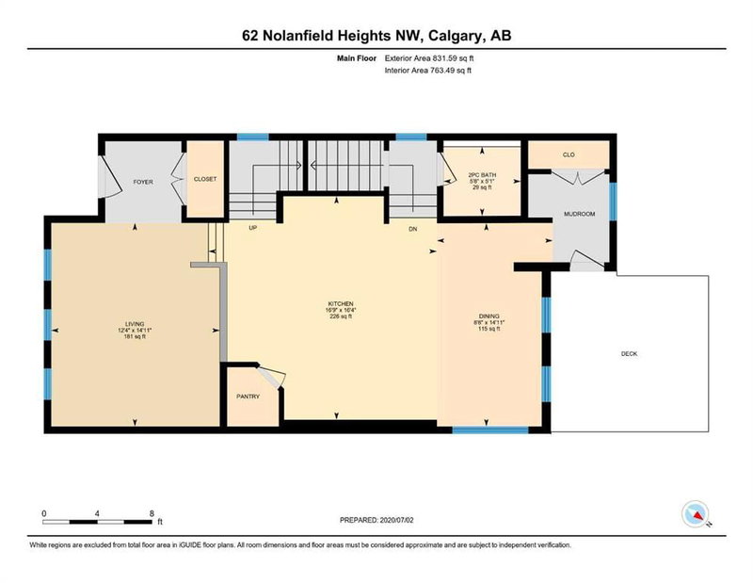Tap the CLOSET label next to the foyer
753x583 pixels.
(205, 178)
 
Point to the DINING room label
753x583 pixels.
(489, 316)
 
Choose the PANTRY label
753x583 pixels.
(248, 396)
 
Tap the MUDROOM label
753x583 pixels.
(579, 214)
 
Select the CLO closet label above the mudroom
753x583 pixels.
(568, 154)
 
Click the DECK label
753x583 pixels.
(630, 354)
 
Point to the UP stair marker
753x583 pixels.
(253, 228)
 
